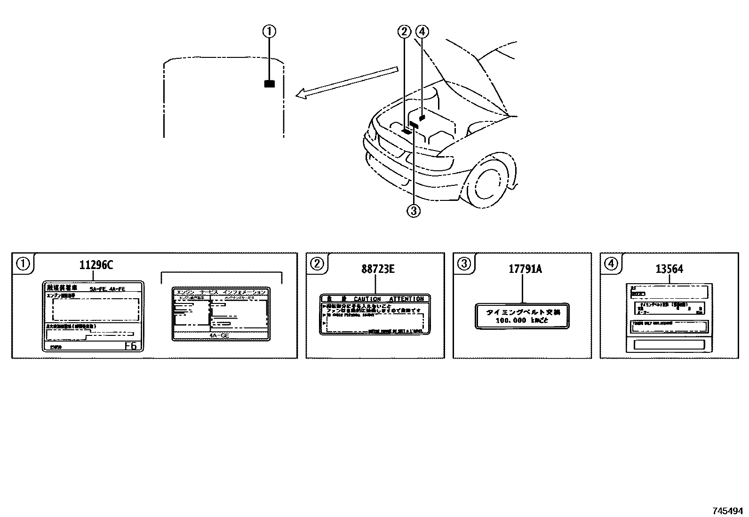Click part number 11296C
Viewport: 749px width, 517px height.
[x=96, y=265]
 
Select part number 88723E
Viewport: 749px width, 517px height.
[x=378, y=269]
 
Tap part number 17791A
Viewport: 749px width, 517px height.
[x=525, y=269]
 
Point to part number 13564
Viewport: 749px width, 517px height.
[x=669, y=269]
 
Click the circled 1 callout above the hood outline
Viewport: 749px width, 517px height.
[x=269, y=32]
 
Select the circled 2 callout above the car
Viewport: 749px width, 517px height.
[x=404, y=32]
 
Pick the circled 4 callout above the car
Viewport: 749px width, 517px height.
[x=422, y=32]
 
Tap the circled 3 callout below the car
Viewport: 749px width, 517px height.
[x=413, y=211]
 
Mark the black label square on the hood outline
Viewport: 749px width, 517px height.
[x=269, y=84]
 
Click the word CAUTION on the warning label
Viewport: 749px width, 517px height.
[x=367, y=299]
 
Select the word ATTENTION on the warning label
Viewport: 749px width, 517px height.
[x=406, y=299]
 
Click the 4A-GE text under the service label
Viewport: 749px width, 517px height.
[x=219, y=335]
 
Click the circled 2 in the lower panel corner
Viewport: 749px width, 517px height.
[x=317, y=264]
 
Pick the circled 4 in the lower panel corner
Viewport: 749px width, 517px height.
[x=611, y=264]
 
